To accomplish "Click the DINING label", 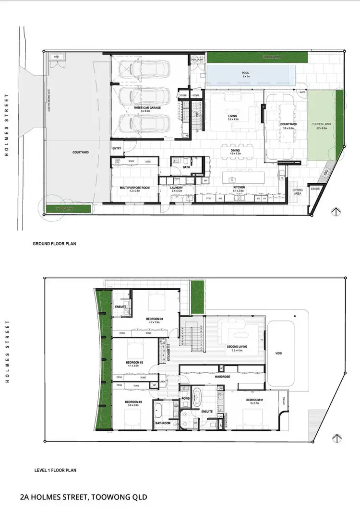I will (235, 151).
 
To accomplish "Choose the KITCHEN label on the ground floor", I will (240, 186).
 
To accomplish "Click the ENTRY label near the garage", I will (117, 149).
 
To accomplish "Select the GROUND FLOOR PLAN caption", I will (54, 244).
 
